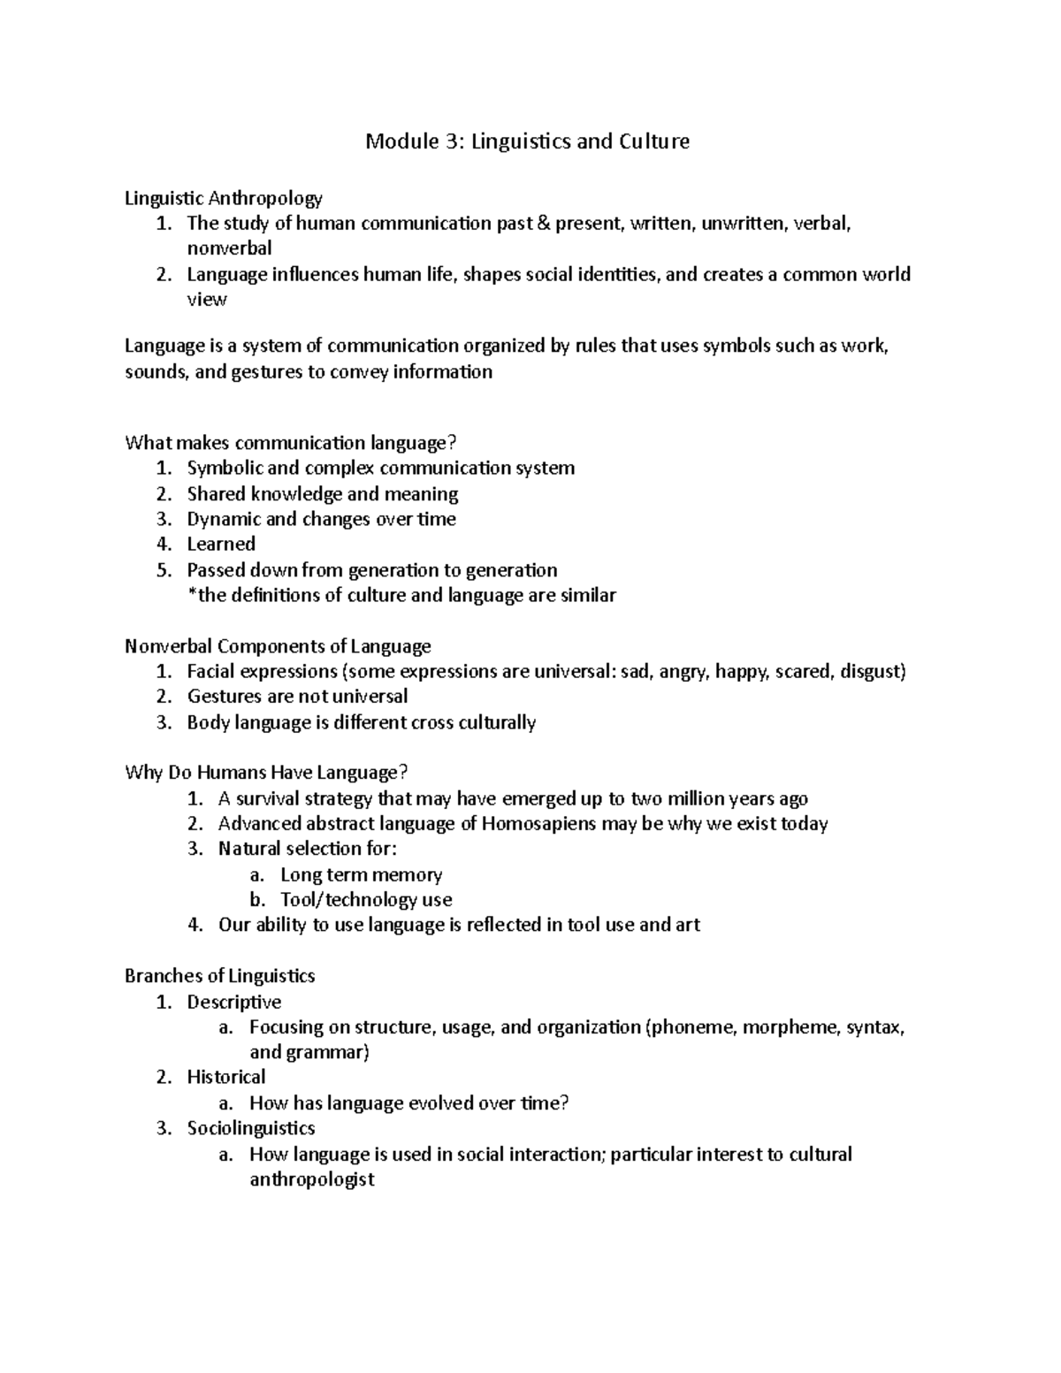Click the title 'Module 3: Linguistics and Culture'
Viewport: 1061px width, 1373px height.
click(x=528, y=141)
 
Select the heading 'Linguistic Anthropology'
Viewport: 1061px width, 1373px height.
click(x=224, y=198)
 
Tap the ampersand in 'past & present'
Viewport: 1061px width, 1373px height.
click(x=541, y=224)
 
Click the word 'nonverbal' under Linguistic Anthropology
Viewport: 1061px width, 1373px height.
click(x=229, y=248)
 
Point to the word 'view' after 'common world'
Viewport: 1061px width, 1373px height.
click(x=207, y=300)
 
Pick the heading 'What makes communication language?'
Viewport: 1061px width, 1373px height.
click(x=294, y=442)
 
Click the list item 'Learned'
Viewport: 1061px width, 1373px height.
click(x=221, y=545)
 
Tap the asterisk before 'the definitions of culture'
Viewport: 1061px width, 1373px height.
click(x=192, y=594)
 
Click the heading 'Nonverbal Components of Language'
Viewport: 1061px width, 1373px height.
click(x=278, y=646)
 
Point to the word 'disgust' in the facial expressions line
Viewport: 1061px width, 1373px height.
click(x=873, y=672)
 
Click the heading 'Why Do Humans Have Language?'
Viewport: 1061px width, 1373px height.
click(x=267, y=774)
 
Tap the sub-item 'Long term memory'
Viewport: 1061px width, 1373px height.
click(x=361, y=875)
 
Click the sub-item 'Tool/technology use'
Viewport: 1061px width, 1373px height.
click(x=366, y=900)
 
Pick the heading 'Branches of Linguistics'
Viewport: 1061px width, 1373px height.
click(x=220, y=976)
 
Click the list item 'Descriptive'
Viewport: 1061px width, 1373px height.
click(x=234, y=1002)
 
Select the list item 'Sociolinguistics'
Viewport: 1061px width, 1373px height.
click(x=251, y=1128)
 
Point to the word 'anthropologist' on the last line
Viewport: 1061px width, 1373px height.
click(x=312, y=1179)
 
